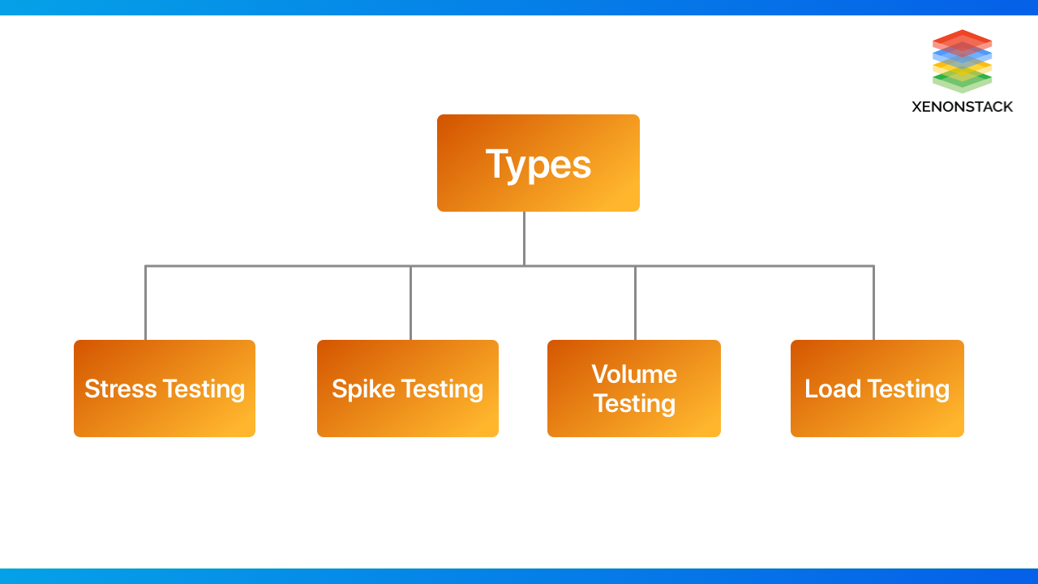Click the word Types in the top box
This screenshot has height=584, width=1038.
click(x=538, y=164)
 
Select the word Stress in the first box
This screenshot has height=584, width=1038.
click(x=121, y=389)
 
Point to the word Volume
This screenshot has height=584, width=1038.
click(x=634, y=374)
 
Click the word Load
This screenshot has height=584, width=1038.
click(x=832, y=389)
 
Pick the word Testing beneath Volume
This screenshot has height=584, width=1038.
click(x=634, y=403)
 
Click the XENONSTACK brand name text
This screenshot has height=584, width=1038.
click(x=962, y=106)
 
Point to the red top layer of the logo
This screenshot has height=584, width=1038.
click(x=962, y=36)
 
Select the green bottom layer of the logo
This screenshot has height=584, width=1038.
click(x=962, y=85)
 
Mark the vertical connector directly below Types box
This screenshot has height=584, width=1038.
click(x=524, y=238)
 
